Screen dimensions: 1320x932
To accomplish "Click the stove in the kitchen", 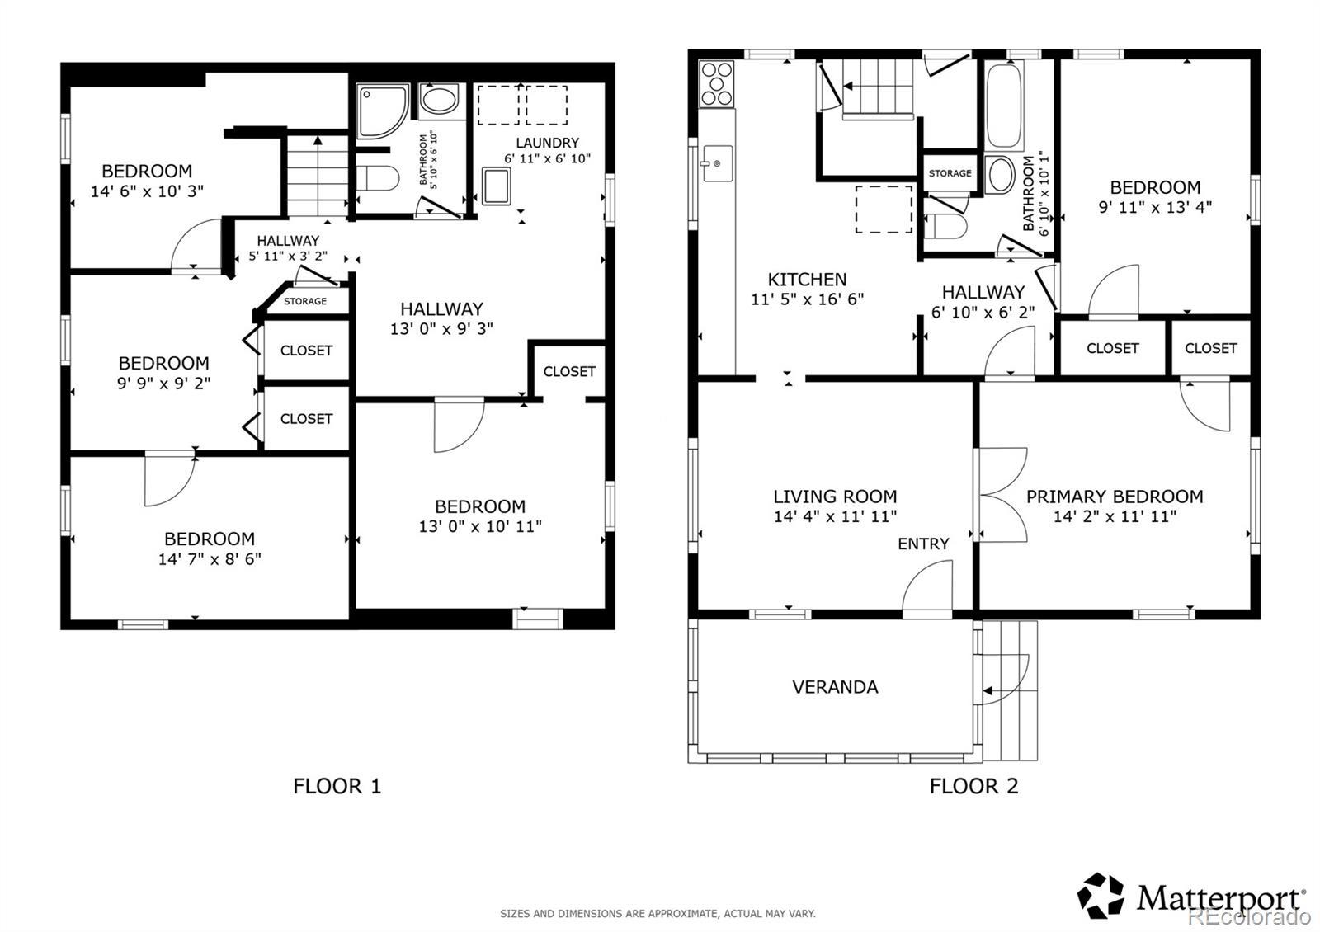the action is click(717, 83).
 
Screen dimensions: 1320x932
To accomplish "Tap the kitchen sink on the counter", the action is click(717, 163).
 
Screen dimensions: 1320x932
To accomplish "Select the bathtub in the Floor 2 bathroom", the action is click(1004, 106).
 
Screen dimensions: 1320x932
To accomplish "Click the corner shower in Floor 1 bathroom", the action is click(383, 111).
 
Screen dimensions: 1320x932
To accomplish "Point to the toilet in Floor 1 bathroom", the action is click(378, 178).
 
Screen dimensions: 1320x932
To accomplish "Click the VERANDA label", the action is click(835, 687).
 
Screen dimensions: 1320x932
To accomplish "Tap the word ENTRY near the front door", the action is click(923, 544).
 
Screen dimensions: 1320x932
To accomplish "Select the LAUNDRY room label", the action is click(548, 143).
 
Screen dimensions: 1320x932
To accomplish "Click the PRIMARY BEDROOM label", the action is click(1115, 497).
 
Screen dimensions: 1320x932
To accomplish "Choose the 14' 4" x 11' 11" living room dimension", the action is click(835, 516).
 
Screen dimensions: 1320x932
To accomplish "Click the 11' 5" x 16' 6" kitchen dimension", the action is click(808, 299).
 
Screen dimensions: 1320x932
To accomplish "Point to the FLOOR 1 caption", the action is click(337, 786).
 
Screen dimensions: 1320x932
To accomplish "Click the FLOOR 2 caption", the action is click(974, 786).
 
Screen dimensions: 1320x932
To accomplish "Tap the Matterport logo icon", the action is click(1101, 896).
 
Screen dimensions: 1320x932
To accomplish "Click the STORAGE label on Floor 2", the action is click(950, 173).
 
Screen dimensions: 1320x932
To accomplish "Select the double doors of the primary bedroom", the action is click(1002, 495).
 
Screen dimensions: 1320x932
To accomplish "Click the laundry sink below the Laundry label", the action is click(496, 186).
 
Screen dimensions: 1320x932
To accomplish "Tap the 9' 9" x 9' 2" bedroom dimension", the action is click(164, 384).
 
